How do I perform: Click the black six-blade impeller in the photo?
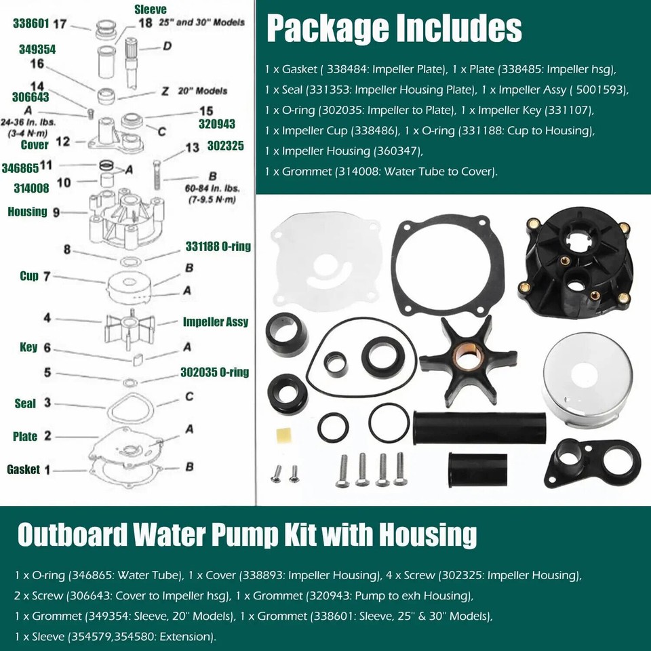(468, 353)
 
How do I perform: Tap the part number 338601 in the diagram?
(31, 23)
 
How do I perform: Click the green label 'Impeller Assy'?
(216, 322)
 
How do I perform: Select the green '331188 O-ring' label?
(218, 247)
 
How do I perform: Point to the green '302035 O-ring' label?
(214, 372)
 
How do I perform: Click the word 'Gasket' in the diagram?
(24, 469)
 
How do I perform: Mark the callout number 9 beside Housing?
(56, 212)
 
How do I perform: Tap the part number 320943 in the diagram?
(216, 125)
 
